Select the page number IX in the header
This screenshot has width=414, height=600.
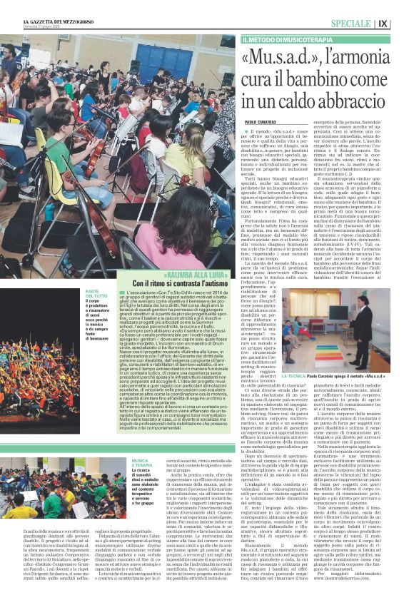point(403,24)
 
